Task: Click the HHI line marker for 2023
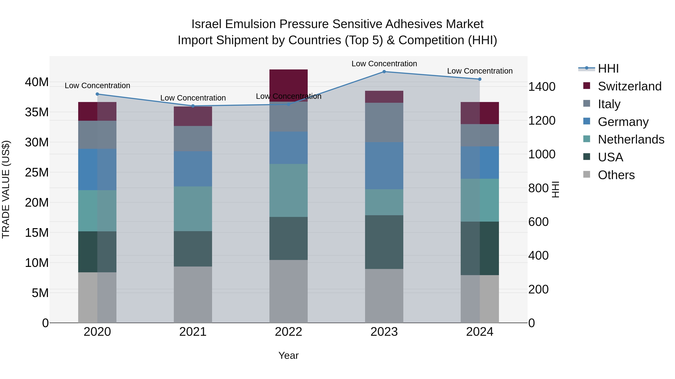(384, 72)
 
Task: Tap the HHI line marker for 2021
(193, 106)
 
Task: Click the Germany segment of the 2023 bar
(384, 166)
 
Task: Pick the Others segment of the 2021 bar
(193, 295)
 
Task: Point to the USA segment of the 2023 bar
(384, 242)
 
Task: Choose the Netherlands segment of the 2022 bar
(289, 190)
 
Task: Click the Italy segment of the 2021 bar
(193, 139)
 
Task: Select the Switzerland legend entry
(629, 86)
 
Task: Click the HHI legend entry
(608, 69)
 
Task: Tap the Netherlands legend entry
(631, 139)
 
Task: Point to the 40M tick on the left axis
(37, 82)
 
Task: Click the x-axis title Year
(289, 355)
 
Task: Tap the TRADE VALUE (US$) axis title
(6, 189)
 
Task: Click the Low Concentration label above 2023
(384, 64)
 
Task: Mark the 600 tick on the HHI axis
(538, 222)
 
